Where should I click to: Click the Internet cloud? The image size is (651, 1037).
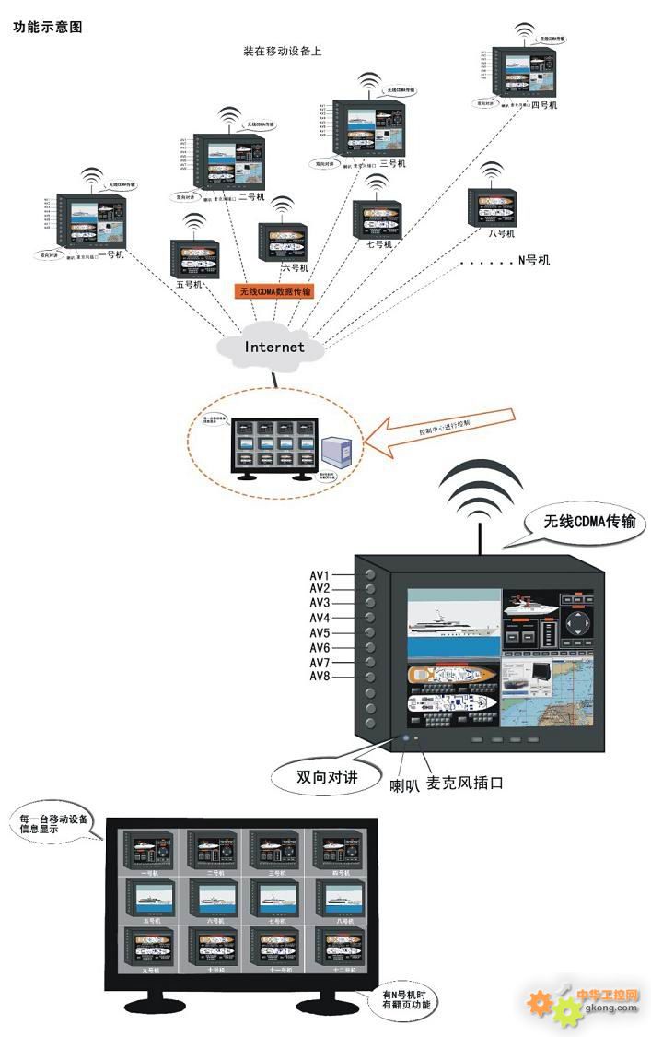[273, 347]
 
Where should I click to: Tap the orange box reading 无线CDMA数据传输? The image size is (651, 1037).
[275, 291]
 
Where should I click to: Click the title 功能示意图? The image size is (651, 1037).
[48, 27]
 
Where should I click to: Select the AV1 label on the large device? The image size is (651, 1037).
[320, 575]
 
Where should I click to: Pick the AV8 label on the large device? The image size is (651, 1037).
[320, 678]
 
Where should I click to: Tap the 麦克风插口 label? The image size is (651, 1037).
[465, 783]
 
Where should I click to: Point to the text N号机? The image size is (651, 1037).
[533, 261]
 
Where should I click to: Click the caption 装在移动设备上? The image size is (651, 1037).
[282, 52]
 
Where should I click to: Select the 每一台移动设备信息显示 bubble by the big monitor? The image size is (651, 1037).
[53, 822]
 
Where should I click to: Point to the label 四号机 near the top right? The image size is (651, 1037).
[544, 104]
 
